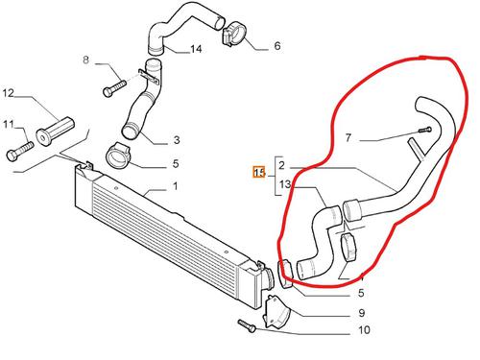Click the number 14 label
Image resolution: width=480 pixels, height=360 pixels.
(196, 49)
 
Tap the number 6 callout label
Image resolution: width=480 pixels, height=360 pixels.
(277, 46)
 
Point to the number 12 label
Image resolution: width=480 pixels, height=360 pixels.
(9, 93)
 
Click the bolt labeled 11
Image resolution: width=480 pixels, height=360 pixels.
(20, 151)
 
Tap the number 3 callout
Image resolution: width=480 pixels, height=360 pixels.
(177, 140)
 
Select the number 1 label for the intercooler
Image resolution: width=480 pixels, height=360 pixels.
(175, 186)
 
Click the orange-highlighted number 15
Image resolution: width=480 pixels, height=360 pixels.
(259, 173)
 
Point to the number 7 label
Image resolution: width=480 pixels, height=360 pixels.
(348, 137)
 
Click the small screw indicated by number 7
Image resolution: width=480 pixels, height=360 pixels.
(425, 130)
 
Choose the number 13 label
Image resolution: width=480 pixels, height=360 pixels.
(285, 184)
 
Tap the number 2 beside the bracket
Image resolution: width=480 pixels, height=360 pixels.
(281, 165)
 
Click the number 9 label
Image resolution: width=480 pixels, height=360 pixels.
(361, 313)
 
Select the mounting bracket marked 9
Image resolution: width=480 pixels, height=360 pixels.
(276, 313)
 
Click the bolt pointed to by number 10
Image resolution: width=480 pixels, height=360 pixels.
(247, 325)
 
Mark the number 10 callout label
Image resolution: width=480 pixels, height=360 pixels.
(364, 329)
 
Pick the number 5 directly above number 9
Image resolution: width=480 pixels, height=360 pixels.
(361, 293)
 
